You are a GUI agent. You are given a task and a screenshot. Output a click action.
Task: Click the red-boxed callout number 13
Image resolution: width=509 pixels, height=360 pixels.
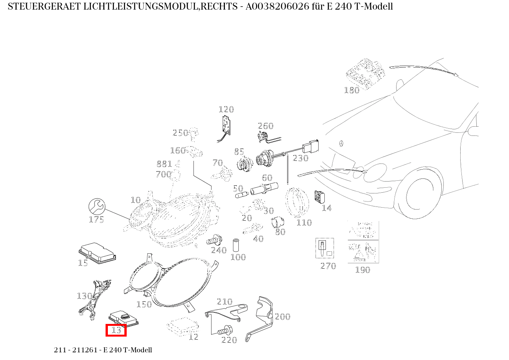point(116,330)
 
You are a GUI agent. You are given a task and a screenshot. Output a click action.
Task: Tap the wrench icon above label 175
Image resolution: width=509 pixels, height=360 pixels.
point(97,206)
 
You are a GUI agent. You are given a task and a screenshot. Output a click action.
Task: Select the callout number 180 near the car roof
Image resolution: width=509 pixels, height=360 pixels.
point(351,90)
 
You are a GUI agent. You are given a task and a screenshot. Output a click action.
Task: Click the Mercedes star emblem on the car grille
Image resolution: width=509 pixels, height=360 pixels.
point(341,144)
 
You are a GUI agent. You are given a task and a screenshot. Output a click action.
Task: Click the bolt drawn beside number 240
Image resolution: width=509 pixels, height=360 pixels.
point(214,241)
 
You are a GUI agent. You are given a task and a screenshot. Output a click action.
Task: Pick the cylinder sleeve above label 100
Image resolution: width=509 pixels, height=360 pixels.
point(236,245)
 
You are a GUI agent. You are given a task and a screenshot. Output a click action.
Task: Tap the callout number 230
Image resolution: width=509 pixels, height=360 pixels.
point(301,158)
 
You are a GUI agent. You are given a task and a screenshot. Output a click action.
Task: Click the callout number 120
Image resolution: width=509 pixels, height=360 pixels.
point(226,110)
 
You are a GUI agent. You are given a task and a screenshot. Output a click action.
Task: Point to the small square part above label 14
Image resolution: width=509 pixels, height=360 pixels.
point(319,197)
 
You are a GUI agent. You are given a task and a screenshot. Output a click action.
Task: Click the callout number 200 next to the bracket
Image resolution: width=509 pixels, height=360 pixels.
point(283,317)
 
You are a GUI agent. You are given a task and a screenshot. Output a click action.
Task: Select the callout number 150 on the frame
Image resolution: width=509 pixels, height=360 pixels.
point(144,304)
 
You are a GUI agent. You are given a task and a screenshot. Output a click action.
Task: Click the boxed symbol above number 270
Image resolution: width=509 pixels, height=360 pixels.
point(325,248)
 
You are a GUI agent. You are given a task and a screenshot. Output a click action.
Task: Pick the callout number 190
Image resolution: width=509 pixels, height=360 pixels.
point(362,270)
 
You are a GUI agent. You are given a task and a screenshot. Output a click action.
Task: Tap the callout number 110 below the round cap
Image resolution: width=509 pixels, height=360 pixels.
point(304,223)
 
